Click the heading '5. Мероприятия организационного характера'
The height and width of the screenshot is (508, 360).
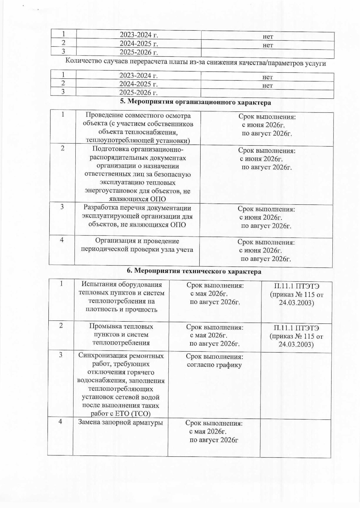click(195, 102)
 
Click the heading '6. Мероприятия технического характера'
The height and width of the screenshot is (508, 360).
click(194, 271)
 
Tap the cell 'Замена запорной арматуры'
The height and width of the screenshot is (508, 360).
click(120, 422)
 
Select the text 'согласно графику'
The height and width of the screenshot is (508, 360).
click(214, 365)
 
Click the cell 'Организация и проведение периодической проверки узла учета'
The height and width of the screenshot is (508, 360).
click(137, 245)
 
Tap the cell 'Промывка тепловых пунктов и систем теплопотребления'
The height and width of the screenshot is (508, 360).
click(121, 335)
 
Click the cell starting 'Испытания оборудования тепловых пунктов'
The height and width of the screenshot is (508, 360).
click(122, 297)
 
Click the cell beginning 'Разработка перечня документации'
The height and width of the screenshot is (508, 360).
click(137, 216)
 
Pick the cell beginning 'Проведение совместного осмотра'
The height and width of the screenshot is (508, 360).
click(138, 128)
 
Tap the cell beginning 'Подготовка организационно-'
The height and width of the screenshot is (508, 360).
click(137, 174)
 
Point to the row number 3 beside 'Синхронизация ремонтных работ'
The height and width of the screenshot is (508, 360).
click(61, 355)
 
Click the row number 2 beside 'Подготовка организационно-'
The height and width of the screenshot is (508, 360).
click(63, 148)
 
